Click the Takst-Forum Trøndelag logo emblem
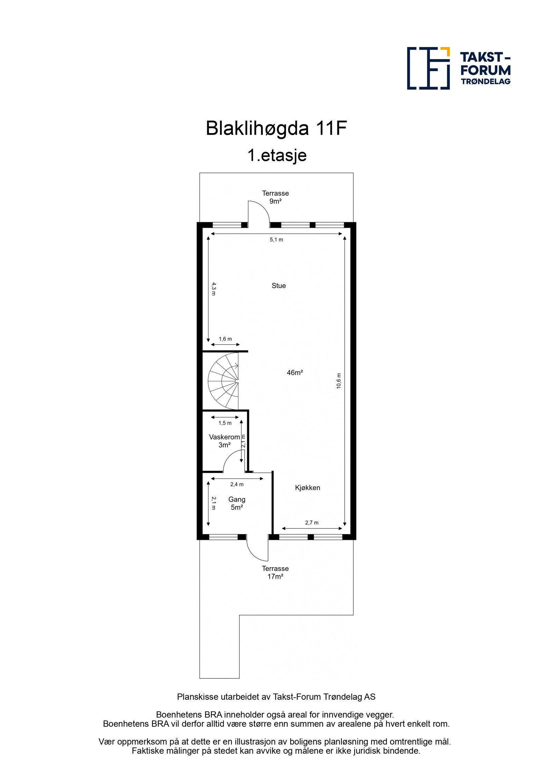(428, 68)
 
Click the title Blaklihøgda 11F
(276, 129)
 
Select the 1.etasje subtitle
(276, 155)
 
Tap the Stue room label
(279, 285)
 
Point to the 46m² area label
(294, 373)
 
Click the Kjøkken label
(307, 488)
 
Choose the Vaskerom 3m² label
(224, 441)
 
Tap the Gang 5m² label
(237, 503)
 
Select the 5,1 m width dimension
(276, 239)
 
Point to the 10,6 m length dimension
(339, 381)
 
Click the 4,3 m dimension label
(214, 289)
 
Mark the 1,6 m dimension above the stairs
(225, 339)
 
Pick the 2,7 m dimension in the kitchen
(311, 522)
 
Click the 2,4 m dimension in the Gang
(237, 484)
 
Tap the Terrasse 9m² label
(275, 197)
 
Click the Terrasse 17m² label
(275, 572)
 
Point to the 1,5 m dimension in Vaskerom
(225, 423)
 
